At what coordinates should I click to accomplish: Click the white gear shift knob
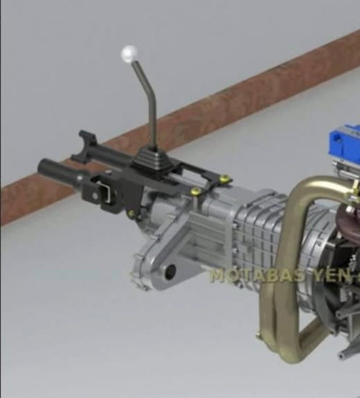(128, 53)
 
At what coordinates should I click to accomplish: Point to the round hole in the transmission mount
(170, 272)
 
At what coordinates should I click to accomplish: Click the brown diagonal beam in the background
(203, 115)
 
